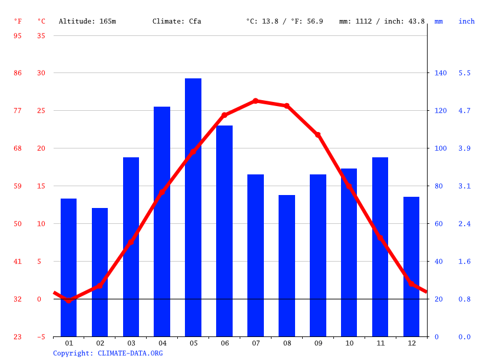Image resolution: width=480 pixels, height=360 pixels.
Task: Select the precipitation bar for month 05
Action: [193, 207]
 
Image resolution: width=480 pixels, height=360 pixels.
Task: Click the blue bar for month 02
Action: [100, 272]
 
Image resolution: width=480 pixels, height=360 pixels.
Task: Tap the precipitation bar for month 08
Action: [287, 266]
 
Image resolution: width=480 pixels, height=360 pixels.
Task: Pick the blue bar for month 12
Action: [411, 266]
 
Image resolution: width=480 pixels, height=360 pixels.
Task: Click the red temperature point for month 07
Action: [256, 101]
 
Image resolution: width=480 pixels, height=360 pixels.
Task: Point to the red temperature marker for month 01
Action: [69, 300]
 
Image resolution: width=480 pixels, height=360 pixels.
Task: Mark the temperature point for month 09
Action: [318, 135]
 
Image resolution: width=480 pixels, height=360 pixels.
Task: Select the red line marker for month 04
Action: [162, 192]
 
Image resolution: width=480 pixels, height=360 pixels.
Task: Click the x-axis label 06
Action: [224, 343]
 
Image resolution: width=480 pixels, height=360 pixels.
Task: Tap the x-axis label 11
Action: [380, 343]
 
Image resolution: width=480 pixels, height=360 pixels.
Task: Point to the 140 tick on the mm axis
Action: [441, 73]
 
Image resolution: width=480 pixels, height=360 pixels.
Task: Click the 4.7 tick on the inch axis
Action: [465, 111]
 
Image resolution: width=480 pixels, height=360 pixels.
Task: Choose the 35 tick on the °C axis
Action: [41, 35]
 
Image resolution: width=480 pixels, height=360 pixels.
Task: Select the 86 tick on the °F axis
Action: [18, 73]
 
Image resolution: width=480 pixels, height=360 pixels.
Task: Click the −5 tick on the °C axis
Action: [41, 337]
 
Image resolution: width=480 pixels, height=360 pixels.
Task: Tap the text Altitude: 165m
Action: [87, 21]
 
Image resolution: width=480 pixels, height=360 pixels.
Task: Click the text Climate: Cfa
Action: [177, 21]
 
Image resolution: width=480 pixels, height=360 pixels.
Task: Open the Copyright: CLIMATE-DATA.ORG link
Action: [108, 353]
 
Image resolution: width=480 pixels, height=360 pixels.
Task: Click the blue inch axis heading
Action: [466, 21]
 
